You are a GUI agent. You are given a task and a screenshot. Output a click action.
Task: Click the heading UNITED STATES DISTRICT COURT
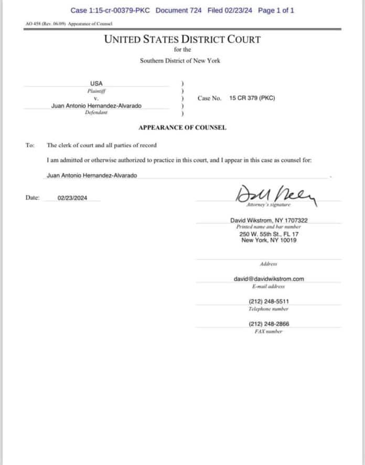(182, 39)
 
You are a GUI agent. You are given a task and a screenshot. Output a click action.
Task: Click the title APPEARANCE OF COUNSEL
(182, 128)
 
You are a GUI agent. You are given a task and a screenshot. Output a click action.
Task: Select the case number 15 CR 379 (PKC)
(252, 98)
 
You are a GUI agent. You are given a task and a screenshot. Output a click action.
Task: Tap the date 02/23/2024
(73, 198)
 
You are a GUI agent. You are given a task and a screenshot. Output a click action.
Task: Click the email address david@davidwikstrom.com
(269, 279)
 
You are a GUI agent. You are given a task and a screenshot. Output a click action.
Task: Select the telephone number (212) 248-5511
(269, 302)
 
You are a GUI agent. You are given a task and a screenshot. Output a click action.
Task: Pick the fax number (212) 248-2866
(269, 324)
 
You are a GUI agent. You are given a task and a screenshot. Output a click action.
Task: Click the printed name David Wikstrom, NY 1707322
(269, 220)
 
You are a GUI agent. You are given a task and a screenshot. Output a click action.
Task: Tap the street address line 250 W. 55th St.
(269, 234)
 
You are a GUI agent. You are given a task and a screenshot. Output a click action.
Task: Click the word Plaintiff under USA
(96, 91)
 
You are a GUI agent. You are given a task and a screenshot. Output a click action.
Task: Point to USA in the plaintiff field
(96, 84)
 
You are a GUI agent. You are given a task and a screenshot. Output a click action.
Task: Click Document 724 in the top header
(178, 11)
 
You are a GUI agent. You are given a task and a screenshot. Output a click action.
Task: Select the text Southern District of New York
(180, 60)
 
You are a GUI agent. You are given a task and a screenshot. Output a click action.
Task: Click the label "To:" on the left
(30, 146)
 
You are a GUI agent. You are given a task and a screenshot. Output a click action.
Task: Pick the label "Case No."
(209, 98)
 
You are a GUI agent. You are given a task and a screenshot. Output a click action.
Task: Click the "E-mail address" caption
(268, 286)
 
